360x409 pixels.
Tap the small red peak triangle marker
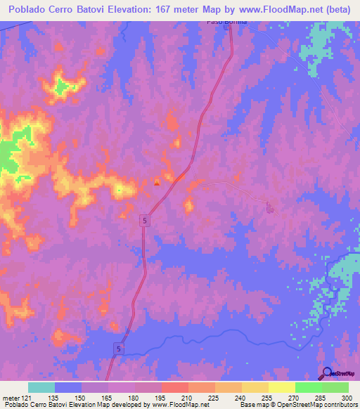157,183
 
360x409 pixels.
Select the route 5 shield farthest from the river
143,220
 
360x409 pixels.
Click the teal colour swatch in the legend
41,387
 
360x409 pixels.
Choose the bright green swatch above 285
309,387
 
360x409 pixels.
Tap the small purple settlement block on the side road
268,206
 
